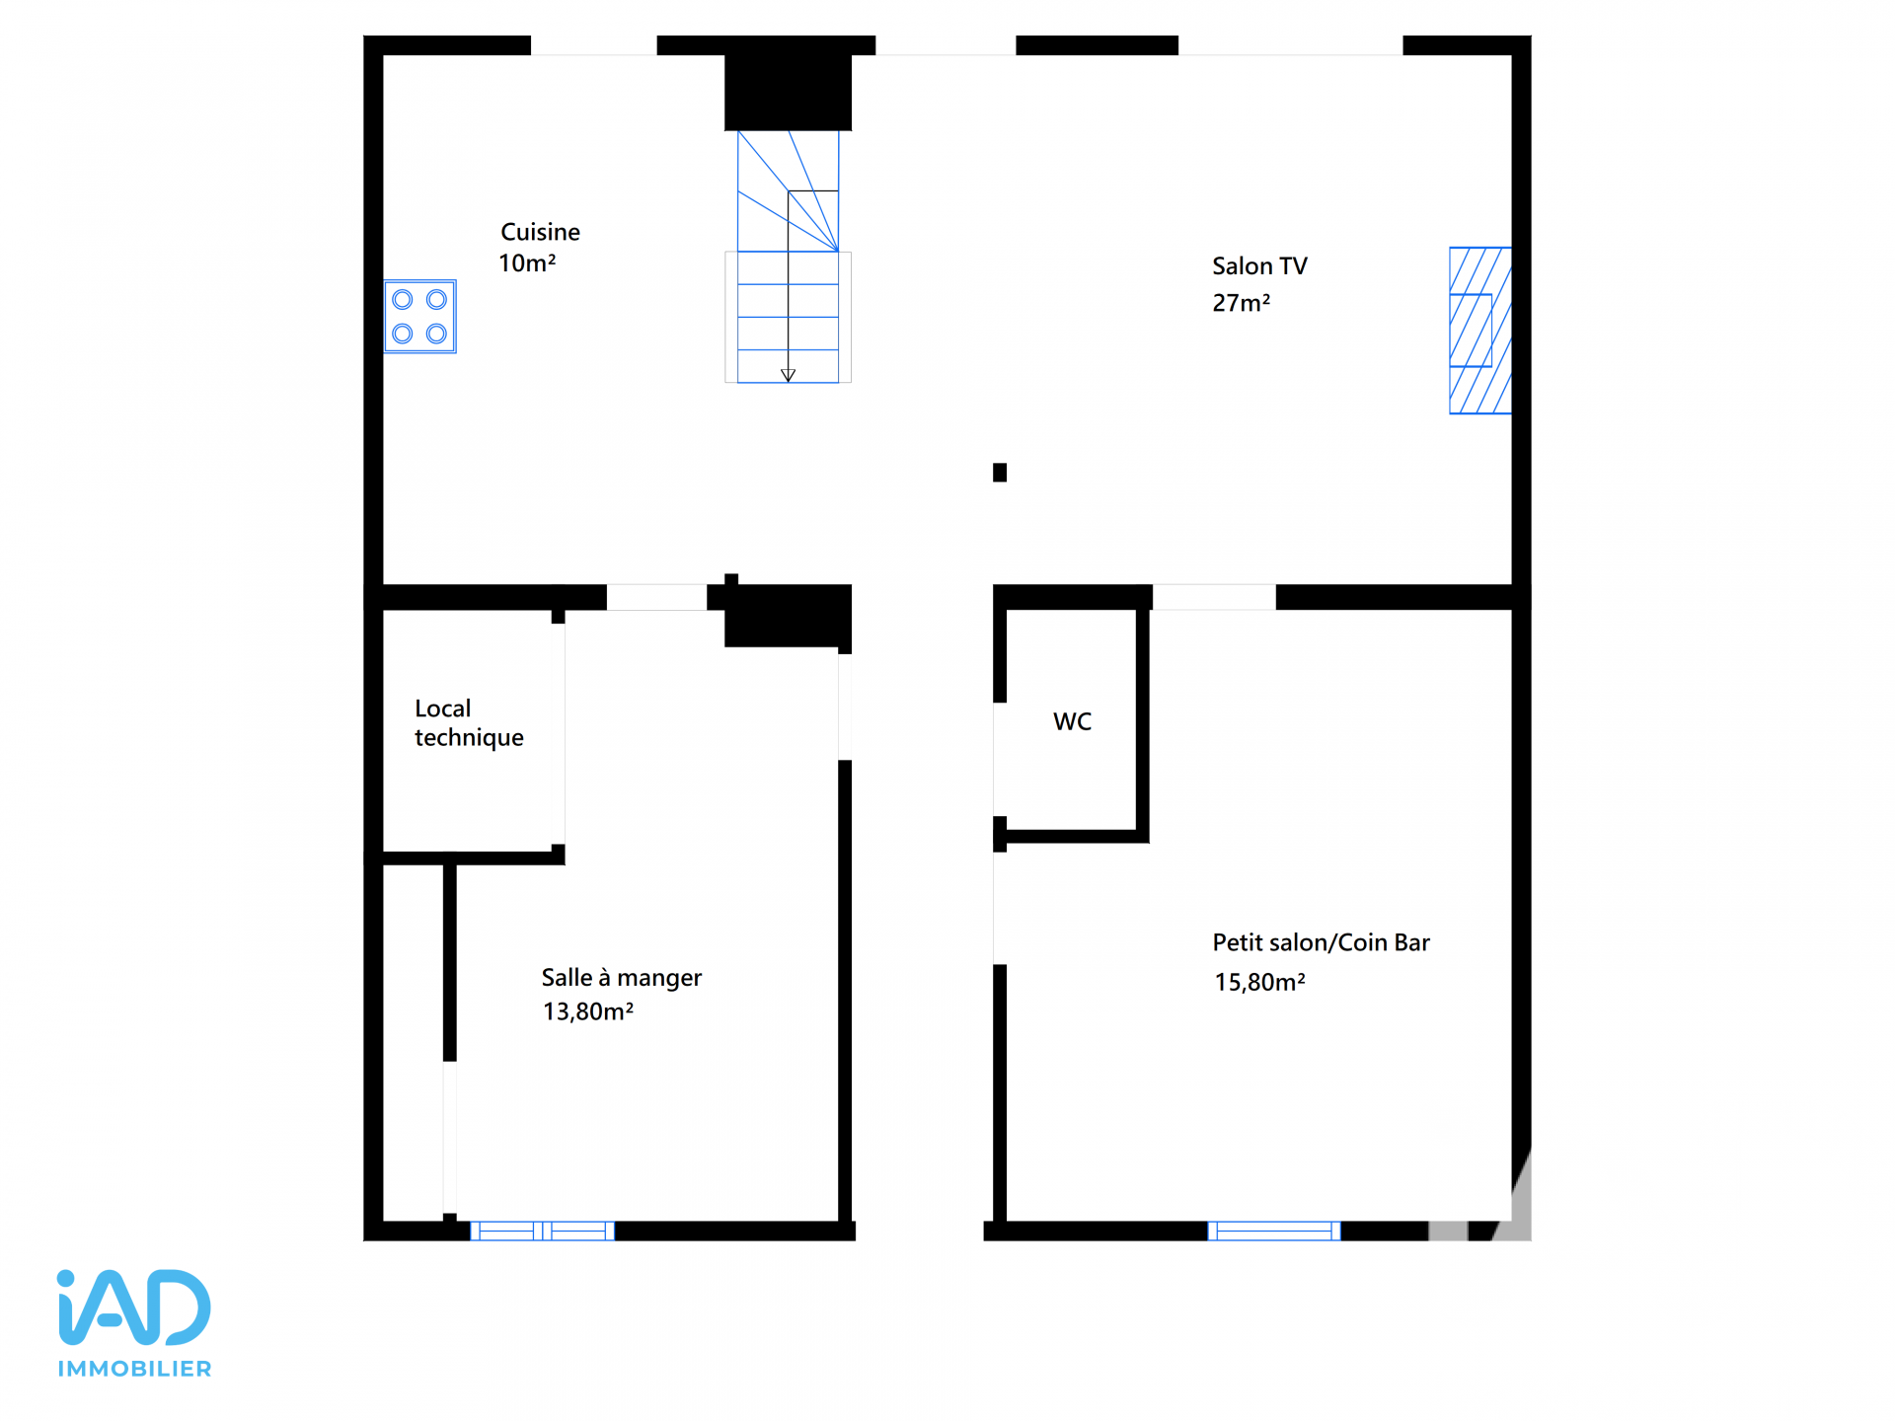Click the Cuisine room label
tap(540, 232)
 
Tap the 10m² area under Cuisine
tap(527, 263)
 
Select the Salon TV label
tap(1259, 266)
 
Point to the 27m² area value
tap(1241, 303)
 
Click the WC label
tap(1072, 721)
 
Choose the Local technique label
tap(469, 723)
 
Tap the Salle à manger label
tap(622, 978)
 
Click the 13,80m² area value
tap(588, 1011)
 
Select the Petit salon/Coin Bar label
tap(1321, 942)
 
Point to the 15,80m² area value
tap(1259, 982)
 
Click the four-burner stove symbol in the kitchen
tap(420, 317)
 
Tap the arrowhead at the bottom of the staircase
tap(788, 376)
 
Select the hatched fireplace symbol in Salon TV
tap(1480, 331)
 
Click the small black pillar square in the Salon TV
tap(1000, 473)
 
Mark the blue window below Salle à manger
tap(542, 1231)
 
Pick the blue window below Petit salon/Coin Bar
tap(1274, 1231)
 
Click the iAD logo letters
tap(134, 1307)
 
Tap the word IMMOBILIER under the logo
tap(134, 1369)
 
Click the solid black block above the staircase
tap(788, 93)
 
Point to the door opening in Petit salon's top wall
tap(1214, 597)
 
